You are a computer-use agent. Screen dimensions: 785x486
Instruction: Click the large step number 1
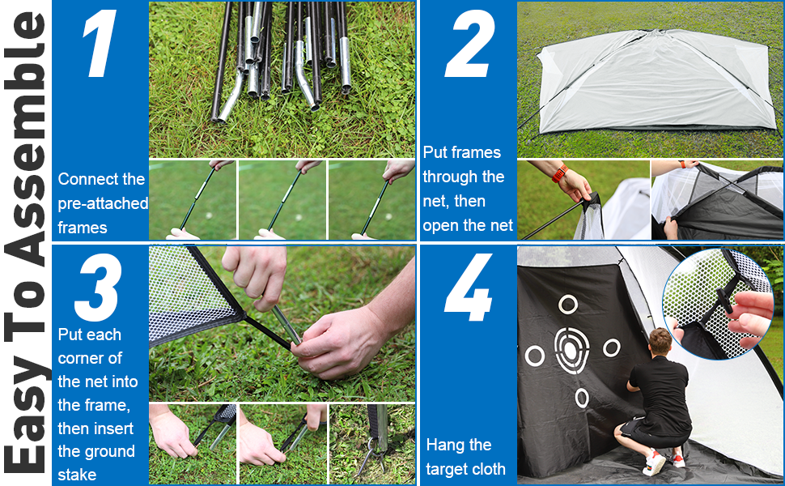point(100,43)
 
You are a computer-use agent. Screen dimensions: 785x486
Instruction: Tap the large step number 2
point(469,44)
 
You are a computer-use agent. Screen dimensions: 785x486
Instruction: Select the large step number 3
point(98,287)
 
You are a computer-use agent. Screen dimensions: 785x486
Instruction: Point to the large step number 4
point(468,287)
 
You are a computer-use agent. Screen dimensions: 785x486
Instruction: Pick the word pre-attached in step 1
point(103,203)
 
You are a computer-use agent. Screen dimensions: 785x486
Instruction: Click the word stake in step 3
point(77,475)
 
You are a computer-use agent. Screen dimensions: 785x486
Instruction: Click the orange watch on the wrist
point(560,174)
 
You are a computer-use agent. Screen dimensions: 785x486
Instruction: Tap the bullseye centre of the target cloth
point(571,350)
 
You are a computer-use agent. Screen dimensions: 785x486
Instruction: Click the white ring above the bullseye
point(568,304)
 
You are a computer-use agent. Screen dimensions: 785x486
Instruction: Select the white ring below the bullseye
point(582,399)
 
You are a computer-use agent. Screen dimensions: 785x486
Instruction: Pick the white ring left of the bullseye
point(535,356)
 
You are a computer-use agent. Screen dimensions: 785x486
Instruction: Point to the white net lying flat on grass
point(651,80)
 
